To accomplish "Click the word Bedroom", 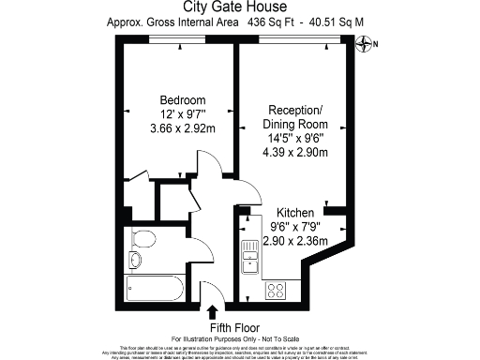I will point(182,100).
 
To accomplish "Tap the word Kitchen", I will point(294,214).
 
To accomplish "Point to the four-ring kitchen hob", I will point(277,290).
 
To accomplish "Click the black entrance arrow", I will point(213,311).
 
